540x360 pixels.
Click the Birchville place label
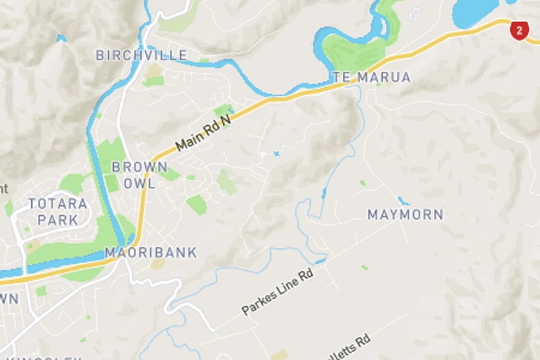tap(141, 55)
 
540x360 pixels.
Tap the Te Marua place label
tap(372, 77)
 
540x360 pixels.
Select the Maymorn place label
tap(405, 215)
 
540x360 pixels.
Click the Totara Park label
tap(58, 210)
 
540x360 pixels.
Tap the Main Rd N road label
tap(203, 134)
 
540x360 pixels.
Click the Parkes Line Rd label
tap(277, 293)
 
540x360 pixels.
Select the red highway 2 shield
tap(518, 31)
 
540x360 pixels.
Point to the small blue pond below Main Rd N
tap(276, 154)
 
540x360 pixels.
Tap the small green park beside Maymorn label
tap(363, 183)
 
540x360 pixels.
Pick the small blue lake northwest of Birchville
tap(61, 38)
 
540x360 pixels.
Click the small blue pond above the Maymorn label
tap(403, 201)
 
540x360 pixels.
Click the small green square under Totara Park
tap(41, 291)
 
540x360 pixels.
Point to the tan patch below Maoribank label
tap(157, 265)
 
